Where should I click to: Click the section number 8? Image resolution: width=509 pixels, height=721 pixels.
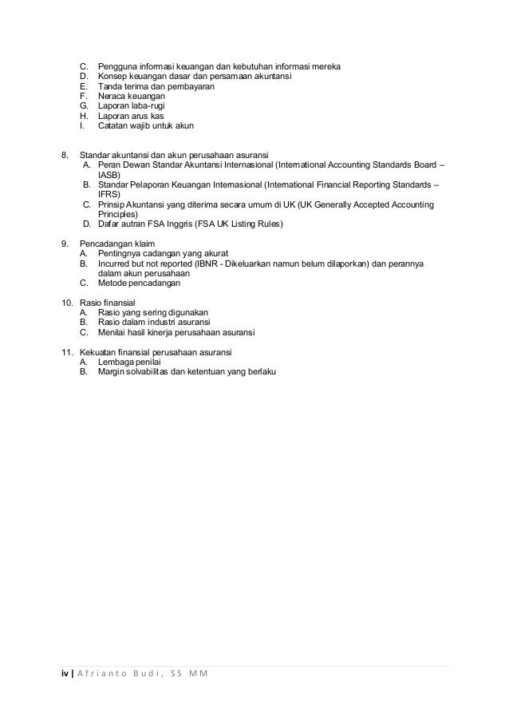coord(65,153)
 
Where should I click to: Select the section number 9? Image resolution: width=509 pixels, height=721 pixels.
coord(65,243)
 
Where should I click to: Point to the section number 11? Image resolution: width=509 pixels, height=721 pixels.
coord(67,352)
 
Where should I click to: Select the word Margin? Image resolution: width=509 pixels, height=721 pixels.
coord(111,372)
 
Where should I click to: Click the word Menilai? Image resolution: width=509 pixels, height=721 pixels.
coord(112,332)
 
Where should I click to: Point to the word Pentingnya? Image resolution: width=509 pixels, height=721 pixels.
coord(119,252)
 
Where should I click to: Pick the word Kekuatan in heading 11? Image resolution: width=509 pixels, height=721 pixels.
coord(99,352)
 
